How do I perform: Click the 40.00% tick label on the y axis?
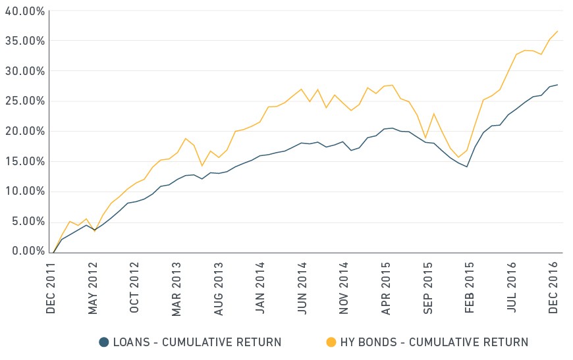(24, 11)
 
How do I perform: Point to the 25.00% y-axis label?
(24, 101)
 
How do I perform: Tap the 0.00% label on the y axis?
(28, 251)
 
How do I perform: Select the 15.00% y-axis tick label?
(24, 161)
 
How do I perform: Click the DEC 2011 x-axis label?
(51, 288)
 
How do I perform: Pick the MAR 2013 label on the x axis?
(176, 289)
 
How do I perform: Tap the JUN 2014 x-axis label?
(302, 288)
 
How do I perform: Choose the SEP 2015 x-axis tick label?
(427, 288)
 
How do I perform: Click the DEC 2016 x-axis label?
(553, 288)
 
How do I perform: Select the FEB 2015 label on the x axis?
(469, 288)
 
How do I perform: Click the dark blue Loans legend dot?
(104, 342)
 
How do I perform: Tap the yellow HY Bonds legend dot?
(331, 342)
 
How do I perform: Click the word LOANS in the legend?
(132, 342)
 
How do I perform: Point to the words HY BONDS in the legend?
(368, 342)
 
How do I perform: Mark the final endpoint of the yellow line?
(558, 31)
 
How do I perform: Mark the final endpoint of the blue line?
(558, 85)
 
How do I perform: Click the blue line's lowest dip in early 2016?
(467, 167)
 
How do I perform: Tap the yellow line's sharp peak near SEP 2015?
(434, 114)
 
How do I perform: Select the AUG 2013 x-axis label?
(218, 289)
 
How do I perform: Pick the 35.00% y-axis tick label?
(24, 41)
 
